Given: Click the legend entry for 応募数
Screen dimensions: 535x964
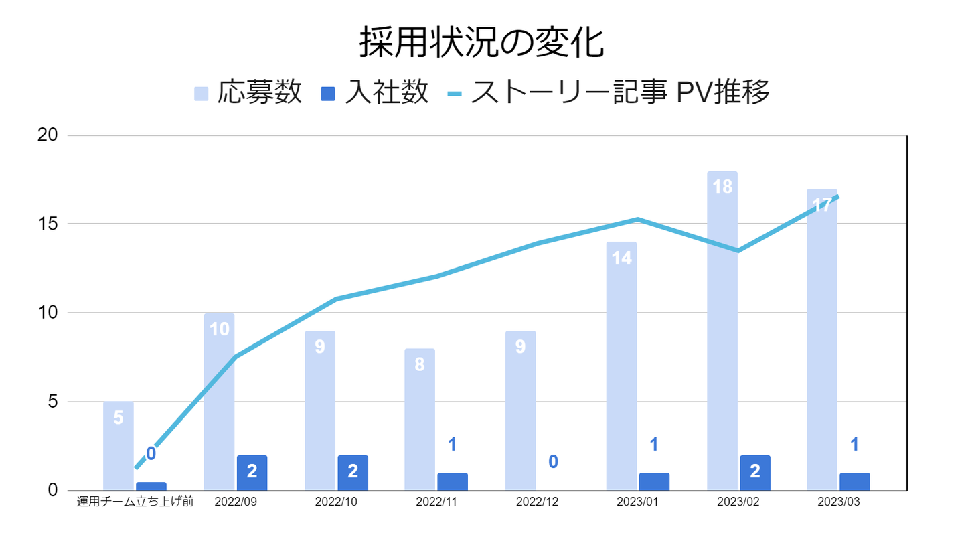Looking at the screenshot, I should click(248, 92).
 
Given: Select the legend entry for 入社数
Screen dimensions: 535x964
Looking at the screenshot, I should click(375, 92).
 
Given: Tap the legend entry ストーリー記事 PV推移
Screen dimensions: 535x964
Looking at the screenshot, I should click(609, 92).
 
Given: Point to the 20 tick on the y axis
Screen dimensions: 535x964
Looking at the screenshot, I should click(48, 135).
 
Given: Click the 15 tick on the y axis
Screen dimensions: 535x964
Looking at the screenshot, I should click(48, 224).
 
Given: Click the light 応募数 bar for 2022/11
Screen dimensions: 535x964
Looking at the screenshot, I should click(420, 429).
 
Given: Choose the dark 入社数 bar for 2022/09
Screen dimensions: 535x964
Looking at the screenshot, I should click(252, 473).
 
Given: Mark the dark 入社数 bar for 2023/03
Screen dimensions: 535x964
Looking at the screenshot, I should click(855, 481).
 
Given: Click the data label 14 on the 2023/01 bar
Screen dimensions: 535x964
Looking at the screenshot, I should click(622, 258).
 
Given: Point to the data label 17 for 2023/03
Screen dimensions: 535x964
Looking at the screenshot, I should click(821, 205).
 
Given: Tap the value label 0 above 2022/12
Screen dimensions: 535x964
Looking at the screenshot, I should click(554, 462).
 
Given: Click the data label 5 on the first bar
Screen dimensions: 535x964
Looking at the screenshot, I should click(118, 418).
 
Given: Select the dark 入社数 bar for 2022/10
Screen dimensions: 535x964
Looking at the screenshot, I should click(353, 473).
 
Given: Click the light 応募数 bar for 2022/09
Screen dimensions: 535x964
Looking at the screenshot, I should click(219, 415).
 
